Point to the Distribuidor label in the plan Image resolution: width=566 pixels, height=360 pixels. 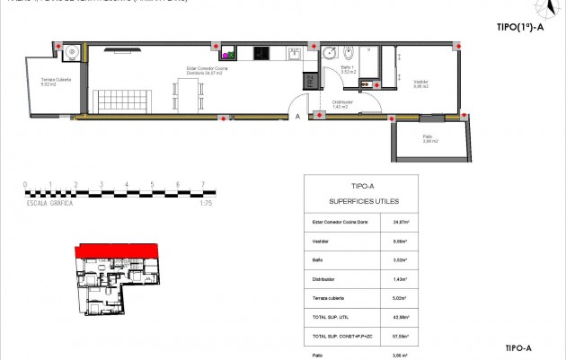click(x=342, y=103)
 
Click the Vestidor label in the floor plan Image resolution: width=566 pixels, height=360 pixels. click(x=420, y=83)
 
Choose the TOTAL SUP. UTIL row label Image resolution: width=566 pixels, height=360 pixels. click(x=329, y=316)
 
